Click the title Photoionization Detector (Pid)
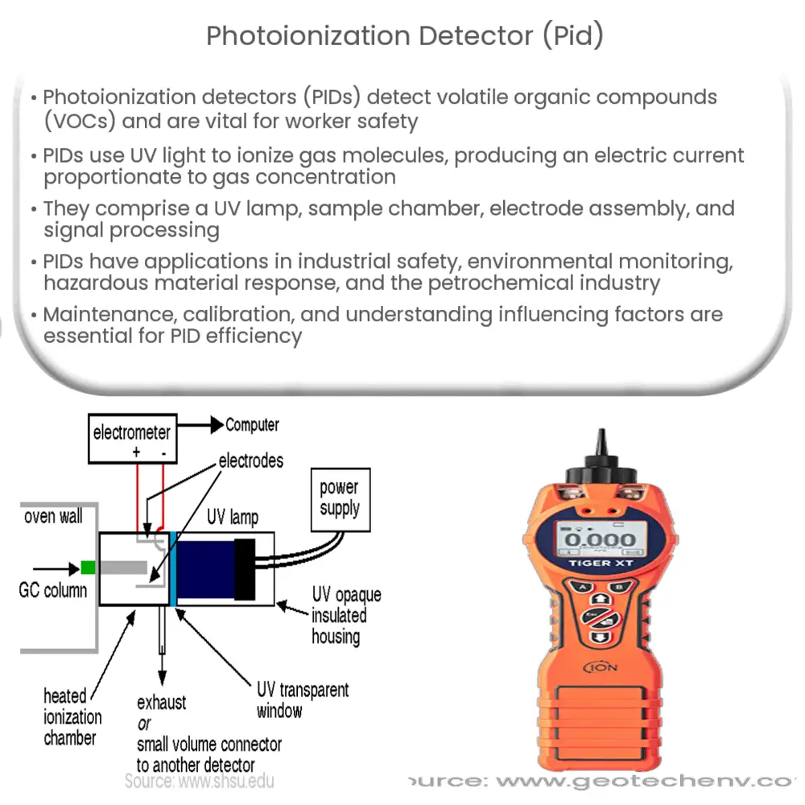404,37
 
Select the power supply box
339,498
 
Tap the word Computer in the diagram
252,424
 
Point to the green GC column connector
88,568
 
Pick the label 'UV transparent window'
302,700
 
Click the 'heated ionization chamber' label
72,716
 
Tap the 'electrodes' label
250,460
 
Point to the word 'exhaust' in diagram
161,702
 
